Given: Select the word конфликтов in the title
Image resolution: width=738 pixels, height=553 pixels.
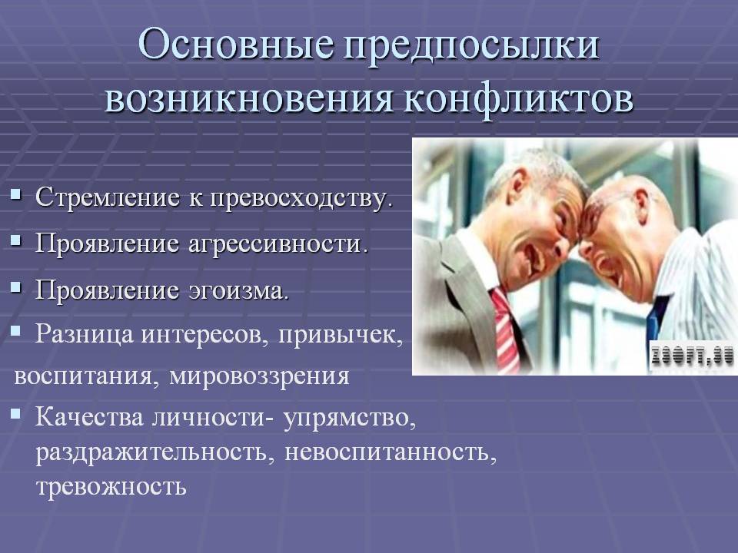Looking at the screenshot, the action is point(518,99).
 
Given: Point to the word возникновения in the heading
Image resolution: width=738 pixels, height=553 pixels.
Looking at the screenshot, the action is point(248,100).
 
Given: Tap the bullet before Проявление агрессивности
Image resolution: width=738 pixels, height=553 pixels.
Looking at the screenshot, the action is point(16,240).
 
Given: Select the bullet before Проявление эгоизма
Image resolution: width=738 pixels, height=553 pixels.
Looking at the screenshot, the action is point(16,286).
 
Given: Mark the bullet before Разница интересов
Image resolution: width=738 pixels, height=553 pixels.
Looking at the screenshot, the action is point(16,331).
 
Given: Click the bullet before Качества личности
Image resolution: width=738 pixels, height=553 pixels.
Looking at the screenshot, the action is point(16,414).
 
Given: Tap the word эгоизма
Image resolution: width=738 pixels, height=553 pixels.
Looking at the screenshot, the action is point(239,290).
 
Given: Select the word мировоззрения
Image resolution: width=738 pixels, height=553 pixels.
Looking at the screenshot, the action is point(259,376).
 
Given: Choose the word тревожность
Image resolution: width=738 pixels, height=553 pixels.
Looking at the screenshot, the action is point(111,486).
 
